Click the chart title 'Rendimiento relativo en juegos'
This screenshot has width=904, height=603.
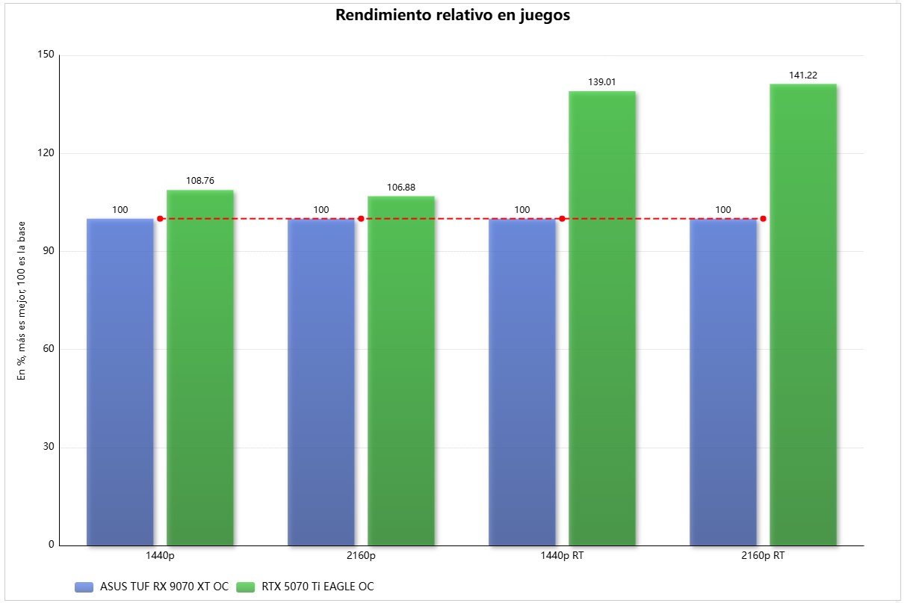tap(452, 16)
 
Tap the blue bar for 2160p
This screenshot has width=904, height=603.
tap(321, 382)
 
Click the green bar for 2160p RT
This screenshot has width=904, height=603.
tap(803, 315)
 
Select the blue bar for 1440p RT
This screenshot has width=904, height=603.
tap(522, 382)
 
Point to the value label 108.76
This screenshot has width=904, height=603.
tap(200, 181)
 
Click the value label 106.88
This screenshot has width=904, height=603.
tap(401, 187)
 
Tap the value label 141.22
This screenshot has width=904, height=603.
tap(803, 75)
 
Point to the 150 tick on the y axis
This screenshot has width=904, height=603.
tap(46, 55)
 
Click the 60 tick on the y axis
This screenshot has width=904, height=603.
tap(49, 349)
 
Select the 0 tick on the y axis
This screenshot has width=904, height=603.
tap(52, 545)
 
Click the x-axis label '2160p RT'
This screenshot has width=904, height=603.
tap(763, 557)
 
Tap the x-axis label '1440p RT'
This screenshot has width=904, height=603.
tap(562, 557)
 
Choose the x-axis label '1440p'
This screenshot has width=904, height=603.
tap(160, 557)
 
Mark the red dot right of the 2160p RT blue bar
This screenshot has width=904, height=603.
tap(763, 219)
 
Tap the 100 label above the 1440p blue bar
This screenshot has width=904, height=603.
tap(120, 210)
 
